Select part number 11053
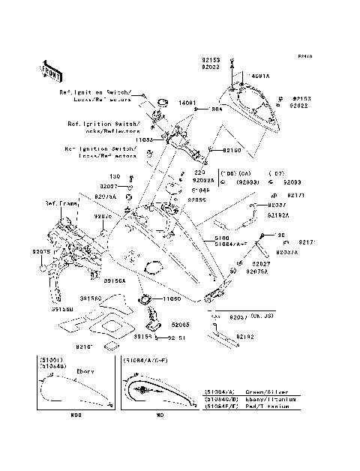[144, 139]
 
